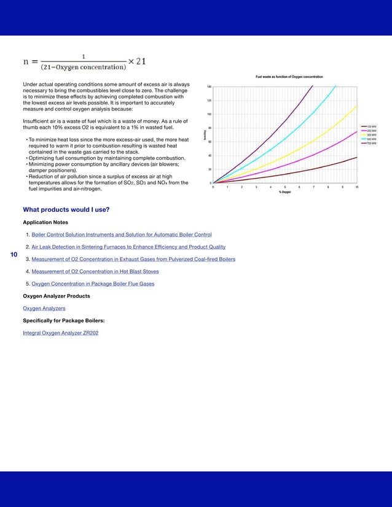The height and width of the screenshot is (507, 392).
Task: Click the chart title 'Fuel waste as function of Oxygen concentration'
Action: (x=289, y=77)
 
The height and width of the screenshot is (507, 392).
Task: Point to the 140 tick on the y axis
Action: (x=209, y=87)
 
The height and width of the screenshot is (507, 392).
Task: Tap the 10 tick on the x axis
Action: (x=357, y=187)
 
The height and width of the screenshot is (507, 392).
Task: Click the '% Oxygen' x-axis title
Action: (x=285, y=192)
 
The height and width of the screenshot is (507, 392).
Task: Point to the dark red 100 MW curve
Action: (x=319, y=168)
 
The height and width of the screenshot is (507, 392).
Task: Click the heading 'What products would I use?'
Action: (x=66, y=210)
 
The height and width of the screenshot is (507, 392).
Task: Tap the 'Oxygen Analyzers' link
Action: (x=44, y=308)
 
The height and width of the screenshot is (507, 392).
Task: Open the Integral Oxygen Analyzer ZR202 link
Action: (x=60, y=333)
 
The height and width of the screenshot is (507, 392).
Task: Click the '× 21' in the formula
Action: (x=136, y=61)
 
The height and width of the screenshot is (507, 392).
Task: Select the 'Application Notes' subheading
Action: (x=45, y=222)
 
